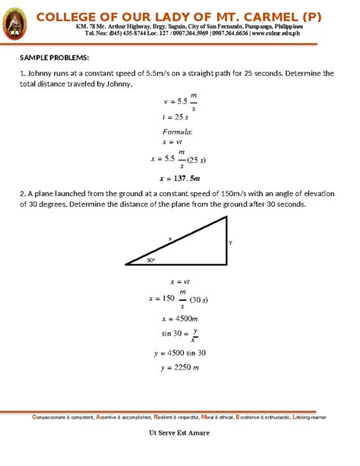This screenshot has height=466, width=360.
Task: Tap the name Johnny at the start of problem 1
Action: [x=41, y=74]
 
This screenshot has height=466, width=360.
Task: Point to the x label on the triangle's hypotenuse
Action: [x=169, y=239]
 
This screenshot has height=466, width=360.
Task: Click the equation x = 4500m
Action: [x=179, y=318]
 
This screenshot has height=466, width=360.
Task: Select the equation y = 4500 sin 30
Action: [x=179, y=353]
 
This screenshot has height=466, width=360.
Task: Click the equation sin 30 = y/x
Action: [x=179, y=334]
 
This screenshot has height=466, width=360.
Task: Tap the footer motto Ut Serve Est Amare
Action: [x=179, y=433]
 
